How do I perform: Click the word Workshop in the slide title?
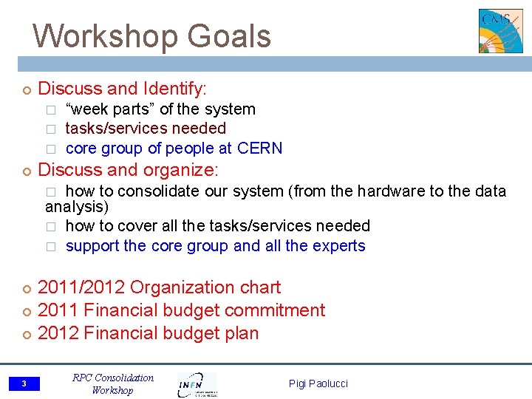[x=103, y=35]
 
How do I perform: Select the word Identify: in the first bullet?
[x=175, y=89]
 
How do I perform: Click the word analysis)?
[x=77, y=208]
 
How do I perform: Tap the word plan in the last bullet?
[x=241, y=333]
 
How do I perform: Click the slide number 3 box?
[x=24, y=383]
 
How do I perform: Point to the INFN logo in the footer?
[x=197, y=383]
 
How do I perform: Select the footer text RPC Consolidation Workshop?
[x=113, y=383]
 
